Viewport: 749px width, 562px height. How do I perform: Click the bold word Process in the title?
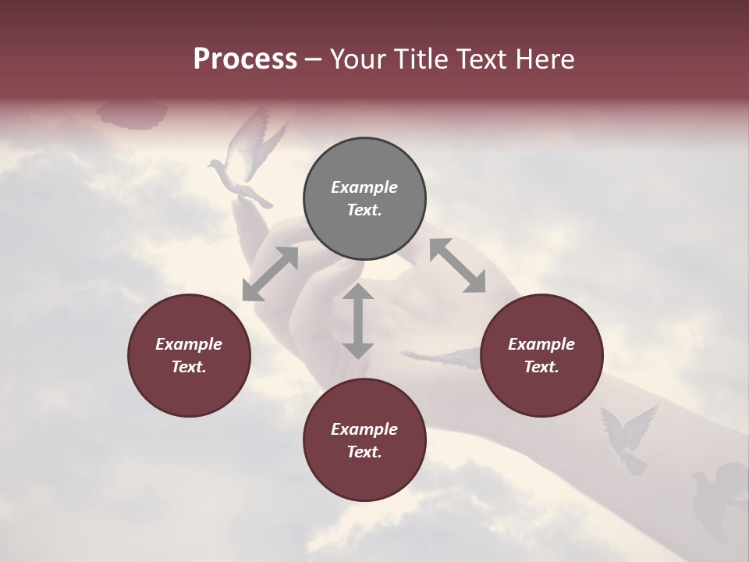[245, 59]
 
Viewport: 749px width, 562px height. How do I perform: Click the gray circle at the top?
[364, 199]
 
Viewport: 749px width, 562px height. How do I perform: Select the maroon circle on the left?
[189, 355]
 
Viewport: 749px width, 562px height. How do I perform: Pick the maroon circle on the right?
[541, 355]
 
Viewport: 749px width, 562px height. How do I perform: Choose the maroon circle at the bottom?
[364, 440]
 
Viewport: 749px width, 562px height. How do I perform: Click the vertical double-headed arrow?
[358, 321]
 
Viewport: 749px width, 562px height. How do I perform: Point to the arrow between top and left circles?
[270, 274]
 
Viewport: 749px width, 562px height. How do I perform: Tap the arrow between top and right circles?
[457, 265]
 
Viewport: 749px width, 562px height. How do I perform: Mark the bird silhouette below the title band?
[133, 115]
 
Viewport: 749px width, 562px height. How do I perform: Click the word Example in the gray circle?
[364, 187]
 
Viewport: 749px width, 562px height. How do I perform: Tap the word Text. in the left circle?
[189, 367]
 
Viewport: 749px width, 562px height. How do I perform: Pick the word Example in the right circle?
[541, 344]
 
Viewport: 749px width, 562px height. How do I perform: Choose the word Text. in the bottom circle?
[364, 452]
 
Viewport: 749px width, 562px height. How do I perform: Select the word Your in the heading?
[356, 59]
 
